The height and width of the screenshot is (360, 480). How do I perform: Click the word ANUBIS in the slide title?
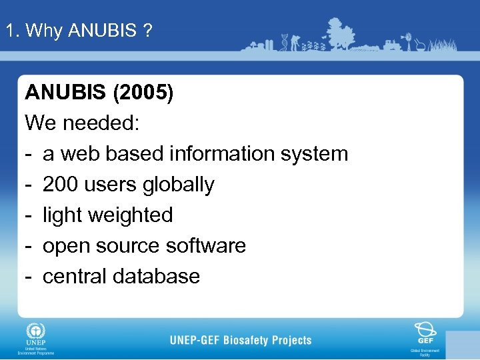point(102,31)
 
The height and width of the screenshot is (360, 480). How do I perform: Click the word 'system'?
point(314,153)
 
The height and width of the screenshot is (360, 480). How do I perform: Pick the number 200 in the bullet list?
point(63,184)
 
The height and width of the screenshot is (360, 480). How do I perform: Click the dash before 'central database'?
point(29,276)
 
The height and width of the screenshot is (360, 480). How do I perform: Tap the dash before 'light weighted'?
point(29,215)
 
